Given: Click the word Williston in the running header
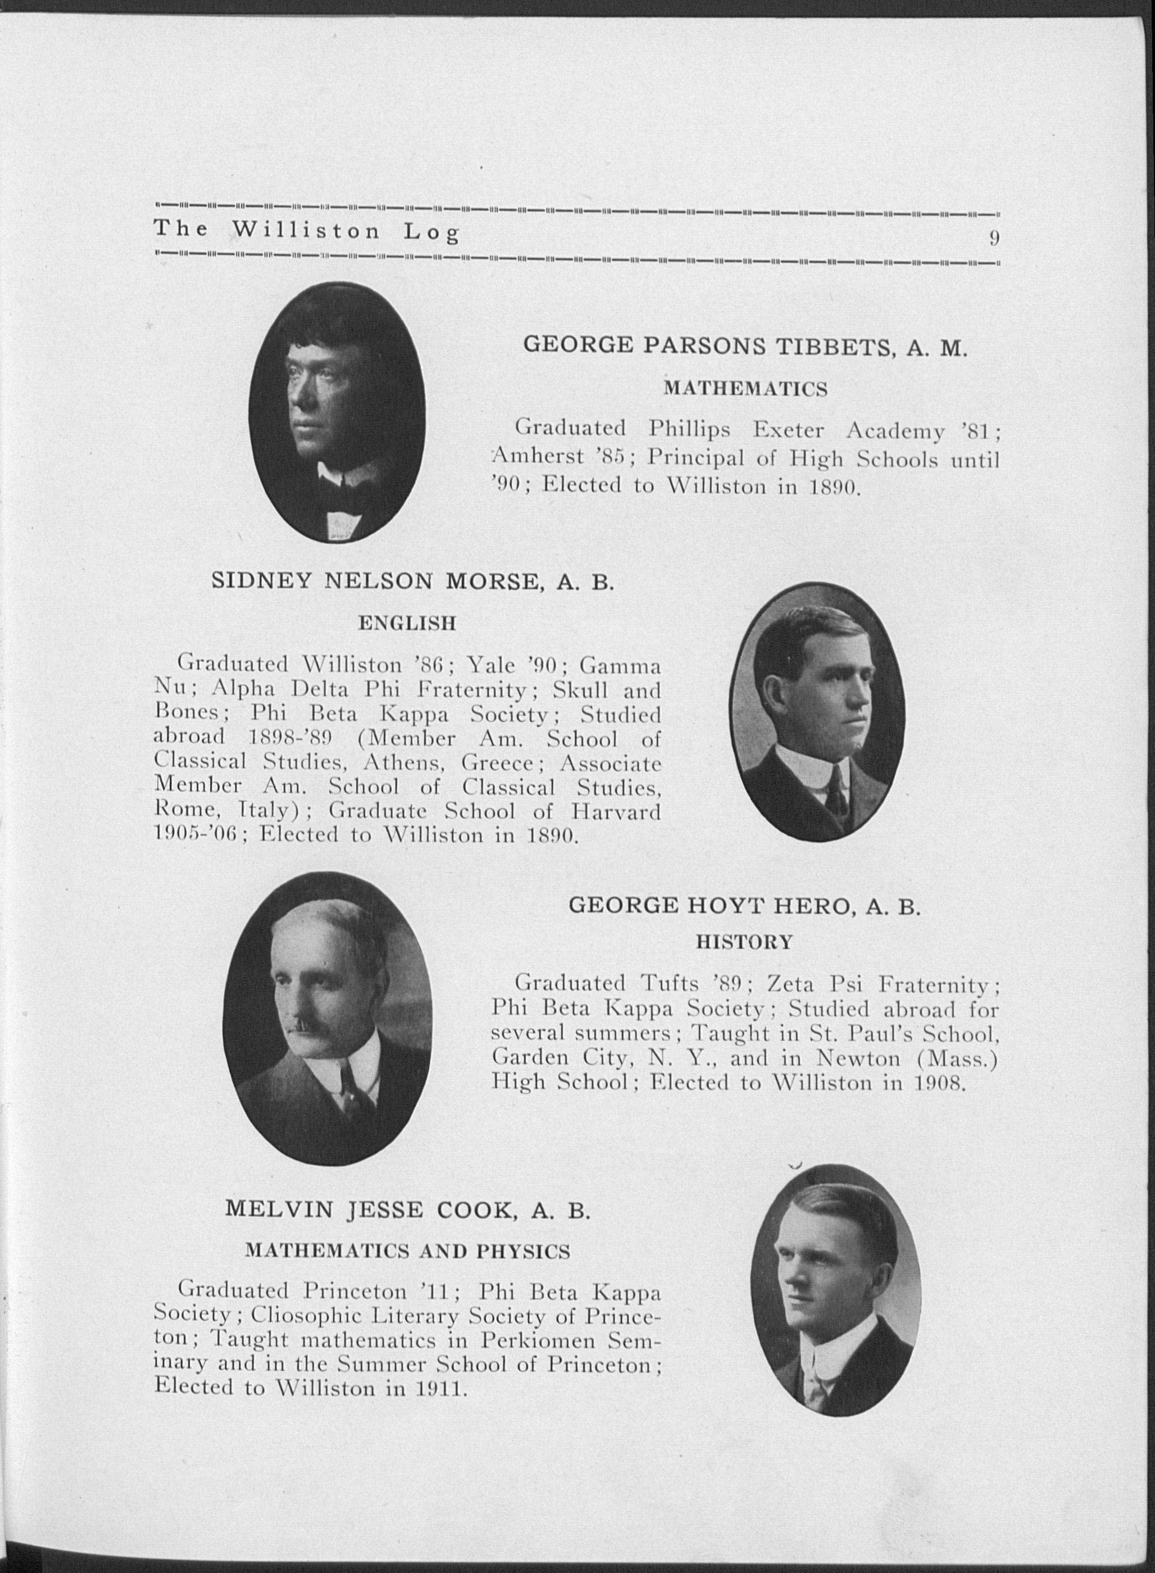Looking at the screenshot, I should click(306, 231).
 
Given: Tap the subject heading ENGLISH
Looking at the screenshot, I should click(407, 623).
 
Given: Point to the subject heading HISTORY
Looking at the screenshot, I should click(744, 943).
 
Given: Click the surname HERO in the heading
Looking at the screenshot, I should click(812, 906).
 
